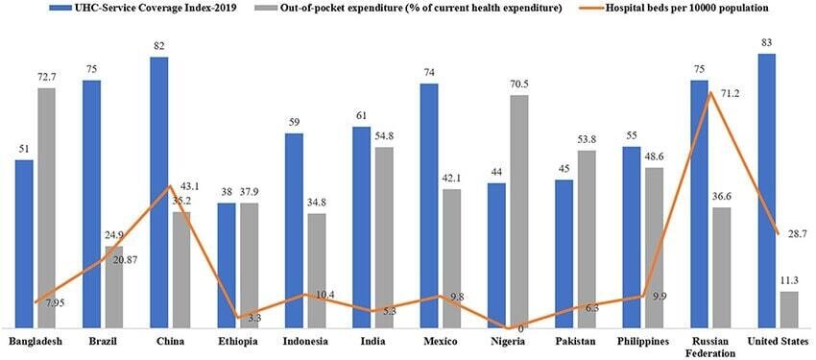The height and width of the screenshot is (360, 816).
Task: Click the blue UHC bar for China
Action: coord(159,192)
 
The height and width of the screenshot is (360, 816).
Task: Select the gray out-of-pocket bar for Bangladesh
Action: coord(46,206)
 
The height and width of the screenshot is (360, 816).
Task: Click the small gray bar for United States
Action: coord(788,309)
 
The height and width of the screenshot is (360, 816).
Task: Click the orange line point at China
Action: coord(170,186)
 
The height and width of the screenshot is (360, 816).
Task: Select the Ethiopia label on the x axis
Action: coord(237,341)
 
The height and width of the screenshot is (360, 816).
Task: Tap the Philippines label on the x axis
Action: coord(642,341)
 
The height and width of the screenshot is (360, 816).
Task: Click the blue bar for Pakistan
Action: coord(564,253)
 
